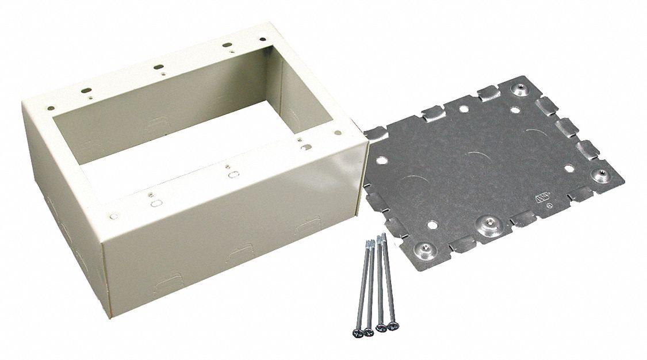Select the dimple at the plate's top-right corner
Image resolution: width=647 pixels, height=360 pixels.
(x=519, y=89)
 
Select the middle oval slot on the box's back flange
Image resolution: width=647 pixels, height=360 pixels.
(x=156, y=67)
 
